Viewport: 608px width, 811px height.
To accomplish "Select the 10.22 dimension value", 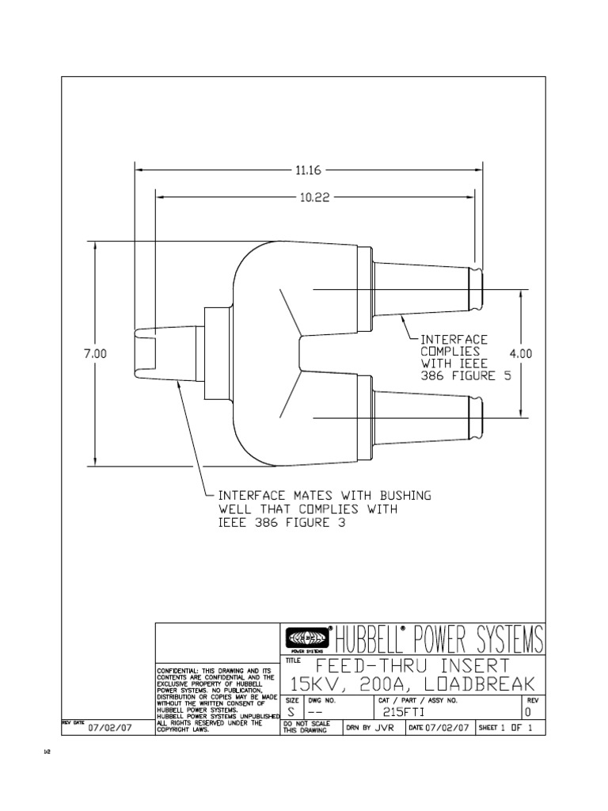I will point(314,198).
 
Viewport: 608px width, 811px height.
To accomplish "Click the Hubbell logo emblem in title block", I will point(305,637).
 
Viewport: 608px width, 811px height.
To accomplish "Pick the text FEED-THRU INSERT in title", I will point(412,664).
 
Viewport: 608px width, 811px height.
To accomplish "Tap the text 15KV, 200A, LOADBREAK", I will point(412,684).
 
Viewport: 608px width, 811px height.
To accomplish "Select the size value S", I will point(291,711).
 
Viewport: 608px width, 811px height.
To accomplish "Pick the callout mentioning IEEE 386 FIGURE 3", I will point(325,509).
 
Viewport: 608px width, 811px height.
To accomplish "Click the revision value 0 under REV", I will point(528,711).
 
